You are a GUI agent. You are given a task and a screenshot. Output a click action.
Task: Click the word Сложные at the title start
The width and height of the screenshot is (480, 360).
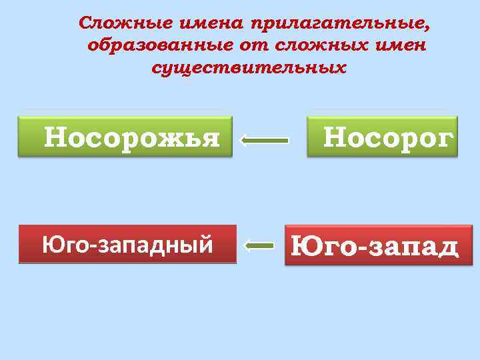(125, 23)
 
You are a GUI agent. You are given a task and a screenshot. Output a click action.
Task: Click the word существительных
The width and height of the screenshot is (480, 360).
(249, 68)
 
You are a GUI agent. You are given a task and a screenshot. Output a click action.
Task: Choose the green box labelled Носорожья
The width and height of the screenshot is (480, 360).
(125, 137)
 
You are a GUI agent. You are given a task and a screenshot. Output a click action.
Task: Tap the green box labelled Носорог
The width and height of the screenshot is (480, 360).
(382, 137)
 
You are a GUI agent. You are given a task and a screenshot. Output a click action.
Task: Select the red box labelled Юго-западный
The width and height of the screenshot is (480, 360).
(128, 245)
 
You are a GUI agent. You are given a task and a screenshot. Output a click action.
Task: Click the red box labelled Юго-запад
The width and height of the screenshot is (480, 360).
(378, 245)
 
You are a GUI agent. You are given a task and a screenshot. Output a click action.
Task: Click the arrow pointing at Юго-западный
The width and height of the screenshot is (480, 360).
(259, 246)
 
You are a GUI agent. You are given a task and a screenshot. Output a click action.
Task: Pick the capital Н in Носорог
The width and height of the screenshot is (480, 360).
(334, 137)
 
